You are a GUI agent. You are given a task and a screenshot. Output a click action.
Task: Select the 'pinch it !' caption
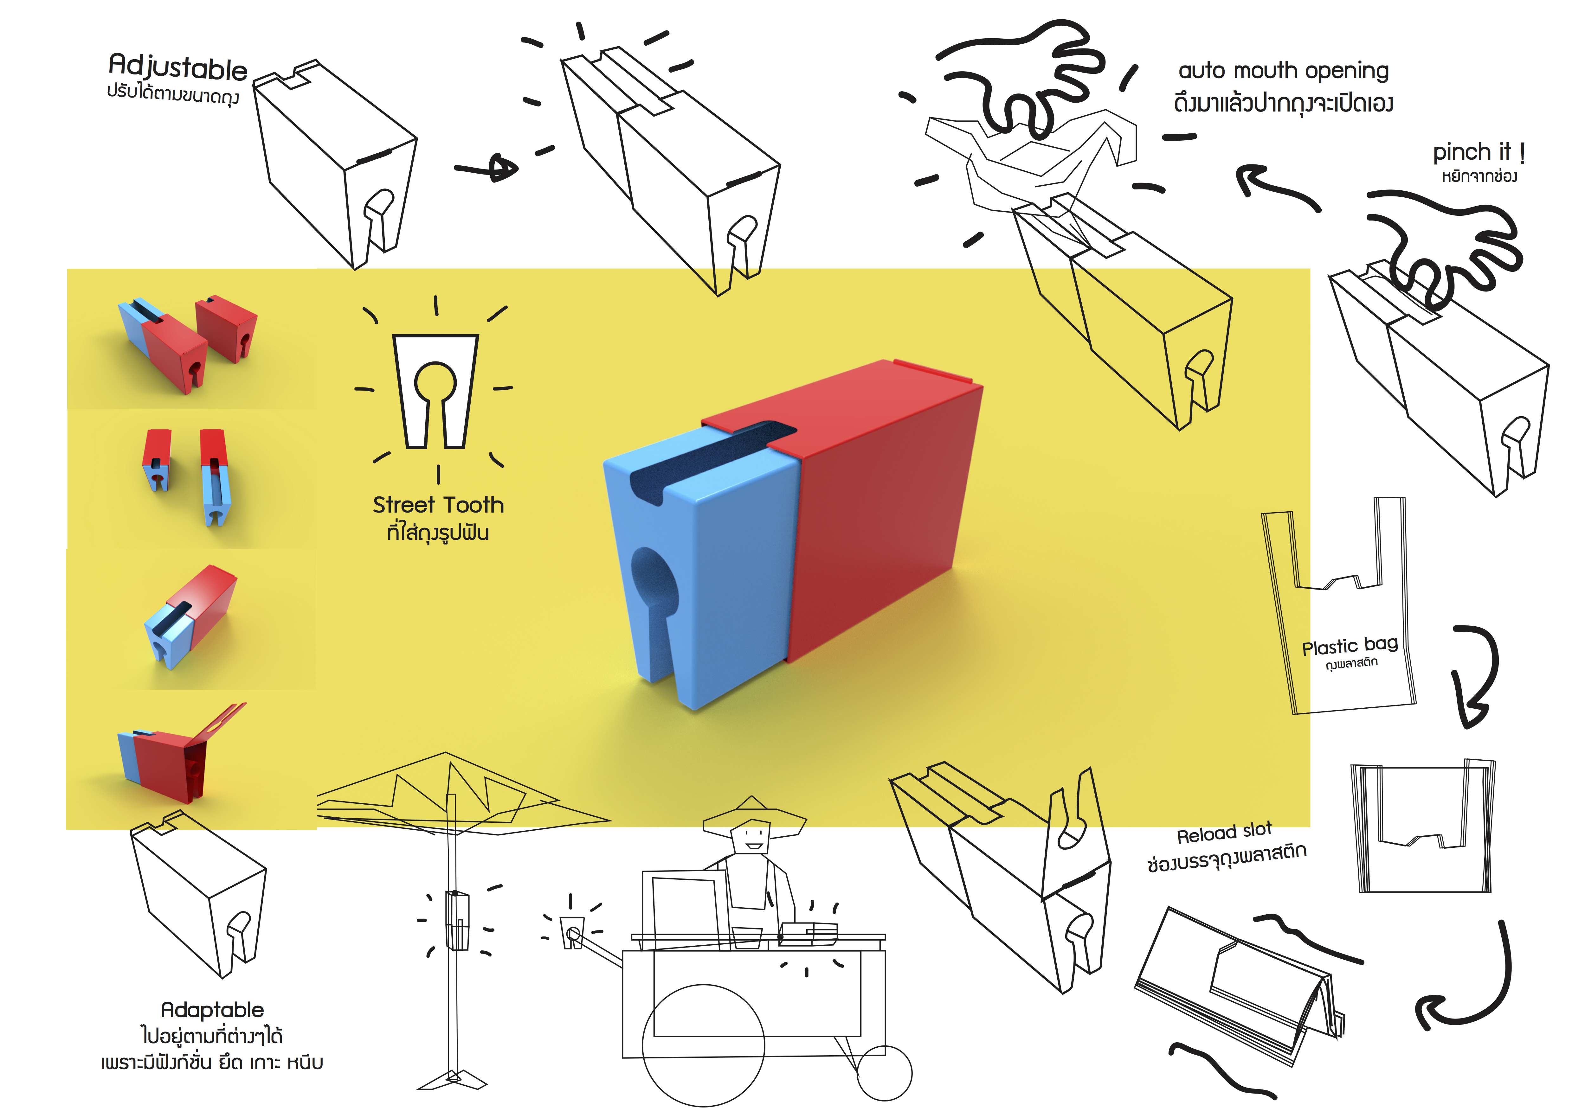click(x=1479, y=152)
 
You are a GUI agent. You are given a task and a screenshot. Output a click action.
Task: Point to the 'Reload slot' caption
click(x=1224, y=833)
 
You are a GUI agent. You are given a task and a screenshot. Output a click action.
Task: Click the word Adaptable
click(x=212, y=1010)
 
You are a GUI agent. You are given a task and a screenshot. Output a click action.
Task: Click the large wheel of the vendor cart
click(x=703, y=1045)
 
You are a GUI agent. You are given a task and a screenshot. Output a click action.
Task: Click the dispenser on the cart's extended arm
click(x=572, y=932)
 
